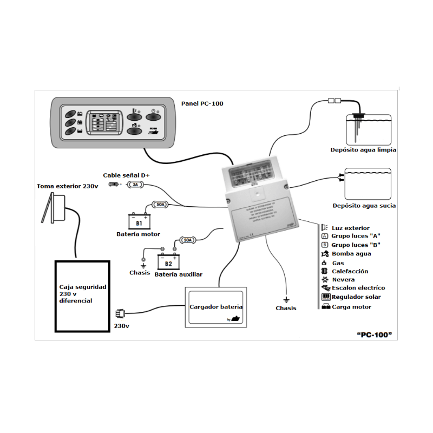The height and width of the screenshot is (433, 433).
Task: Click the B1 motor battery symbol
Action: pyautogui.click(x=139, y=222)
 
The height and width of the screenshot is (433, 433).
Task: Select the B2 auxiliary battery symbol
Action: pyautogui.click(x=168, y=261)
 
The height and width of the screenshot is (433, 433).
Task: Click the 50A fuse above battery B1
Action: pyautogui.click(x=161, y=205)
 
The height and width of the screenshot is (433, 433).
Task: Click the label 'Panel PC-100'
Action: pyautogui.click(x=202, y=103)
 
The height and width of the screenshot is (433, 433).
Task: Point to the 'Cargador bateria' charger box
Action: pyautogui.click(x=216, y=307)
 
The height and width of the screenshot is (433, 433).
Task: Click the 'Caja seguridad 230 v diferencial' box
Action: pyautogui.click(x=83, y=296)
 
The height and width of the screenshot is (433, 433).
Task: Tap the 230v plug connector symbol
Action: pyautogui.click(x=120, y=313)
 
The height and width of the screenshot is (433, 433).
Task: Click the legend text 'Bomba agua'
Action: pyautogui.click(x=351, y=253)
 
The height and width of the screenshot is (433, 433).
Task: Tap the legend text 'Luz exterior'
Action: pyautogui.click(x=351, y=228)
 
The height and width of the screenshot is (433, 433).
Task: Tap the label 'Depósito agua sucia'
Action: pyautogui.click(x=364, y=206)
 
